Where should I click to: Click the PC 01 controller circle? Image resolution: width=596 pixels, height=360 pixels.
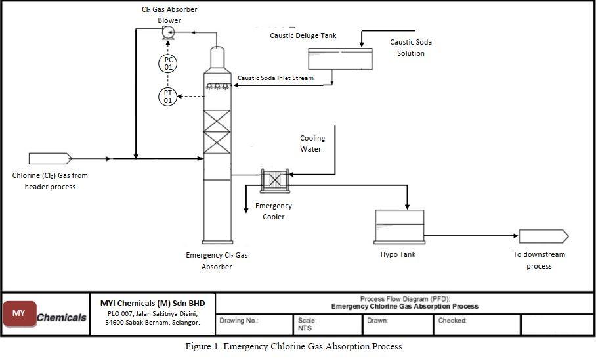168,64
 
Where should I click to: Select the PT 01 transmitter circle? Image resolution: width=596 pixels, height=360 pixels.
168,97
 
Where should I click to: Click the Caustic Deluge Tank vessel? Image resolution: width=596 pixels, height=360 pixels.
340,58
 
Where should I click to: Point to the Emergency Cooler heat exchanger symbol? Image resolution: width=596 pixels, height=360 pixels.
273,179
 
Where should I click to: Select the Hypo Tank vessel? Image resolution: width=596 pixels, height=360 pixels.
399,227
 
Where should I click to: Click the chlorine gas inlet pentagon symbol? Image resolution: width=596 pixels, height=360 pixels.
50,158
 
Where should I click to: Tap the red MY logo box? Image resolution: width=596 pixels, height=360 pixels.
19,314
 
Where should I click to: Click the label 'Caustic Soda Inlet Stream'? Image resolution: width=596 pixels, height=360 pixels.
275,78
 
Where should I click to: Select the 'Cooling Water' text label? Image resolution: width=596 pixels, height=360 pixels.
312,144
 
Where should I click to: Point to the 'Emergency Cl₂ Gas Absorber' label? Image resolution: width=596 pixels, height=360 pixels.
217,261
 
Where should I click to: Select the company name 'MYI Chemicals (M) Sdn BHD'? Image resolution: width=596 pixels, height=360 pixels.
152,303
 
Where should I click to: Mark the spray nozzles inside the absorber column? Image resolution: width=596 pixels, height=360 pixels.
217,86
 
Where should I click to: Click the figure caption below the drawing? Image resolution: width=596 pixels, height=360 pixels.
293,346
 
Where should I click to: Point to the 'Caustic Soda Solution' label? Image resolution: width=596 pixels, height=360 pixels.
411,47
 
